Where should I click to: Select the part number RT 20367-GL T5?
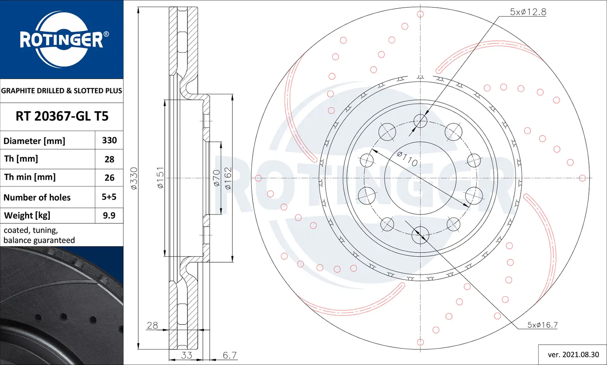62,116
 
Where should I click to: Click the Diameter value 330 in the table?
109,140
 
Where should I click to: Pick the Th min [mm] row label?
30,177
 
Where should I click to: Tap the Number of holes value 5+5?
109,197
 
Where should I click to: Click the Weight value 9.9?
109,215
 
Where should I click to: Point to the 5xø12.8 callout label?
528,12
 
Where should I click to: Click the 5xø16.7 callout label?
542,325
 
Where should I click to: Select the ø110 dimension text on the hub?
407,159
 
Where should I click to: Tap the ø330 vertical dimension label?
134,178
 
